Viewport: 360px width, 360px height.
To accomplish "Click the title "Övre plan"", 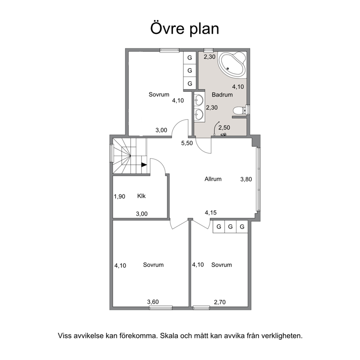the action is (184, 29).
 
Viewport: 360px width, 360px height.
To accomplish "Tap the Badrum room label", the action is (222, 95).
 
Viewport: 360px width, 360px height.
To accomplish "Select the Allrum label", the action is (213, 179).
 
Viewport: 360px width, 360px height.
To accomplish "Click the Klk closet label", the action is (141, 196).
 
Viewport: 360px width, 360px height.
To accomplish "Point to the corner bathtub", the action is (232, 64).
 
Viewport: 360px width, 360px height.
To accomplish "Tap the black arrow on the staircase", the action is (144, 165).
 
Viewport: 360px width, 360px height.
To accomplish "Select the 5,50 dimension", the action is (187, 143).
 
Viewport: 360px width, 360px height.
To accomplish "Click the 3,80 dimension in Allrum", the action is (246, 179).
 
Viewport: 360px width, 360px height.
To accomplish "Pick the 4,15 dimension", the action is (211, 213).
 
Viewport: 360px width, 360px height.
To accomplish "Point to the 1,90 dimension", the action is (120, 197).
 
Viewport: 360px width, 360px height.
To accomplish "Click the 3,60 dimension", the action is (153, 302).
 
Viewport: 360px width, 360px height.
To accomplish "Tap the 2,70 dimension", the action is (220, 302).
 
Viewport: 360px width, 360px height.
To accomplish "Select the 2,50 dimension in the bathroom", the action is (224, 127).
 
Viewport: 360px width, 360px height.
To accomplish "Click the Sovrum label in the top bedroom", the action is (159, 94).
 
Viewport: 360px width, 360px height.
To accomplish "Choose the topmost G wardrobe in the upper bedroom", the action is (190, 57).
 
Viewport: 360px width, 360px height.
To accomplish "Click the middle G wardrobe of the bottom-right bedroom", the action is (230, 227).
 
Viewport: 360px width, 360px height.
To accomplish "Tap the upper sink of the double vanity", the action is (199, 99).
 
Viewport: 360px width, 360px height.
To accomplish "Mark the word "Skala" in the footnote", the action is (169, 336).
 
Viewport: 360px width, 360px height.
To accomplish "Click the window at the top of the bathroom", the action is (209, 50).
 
